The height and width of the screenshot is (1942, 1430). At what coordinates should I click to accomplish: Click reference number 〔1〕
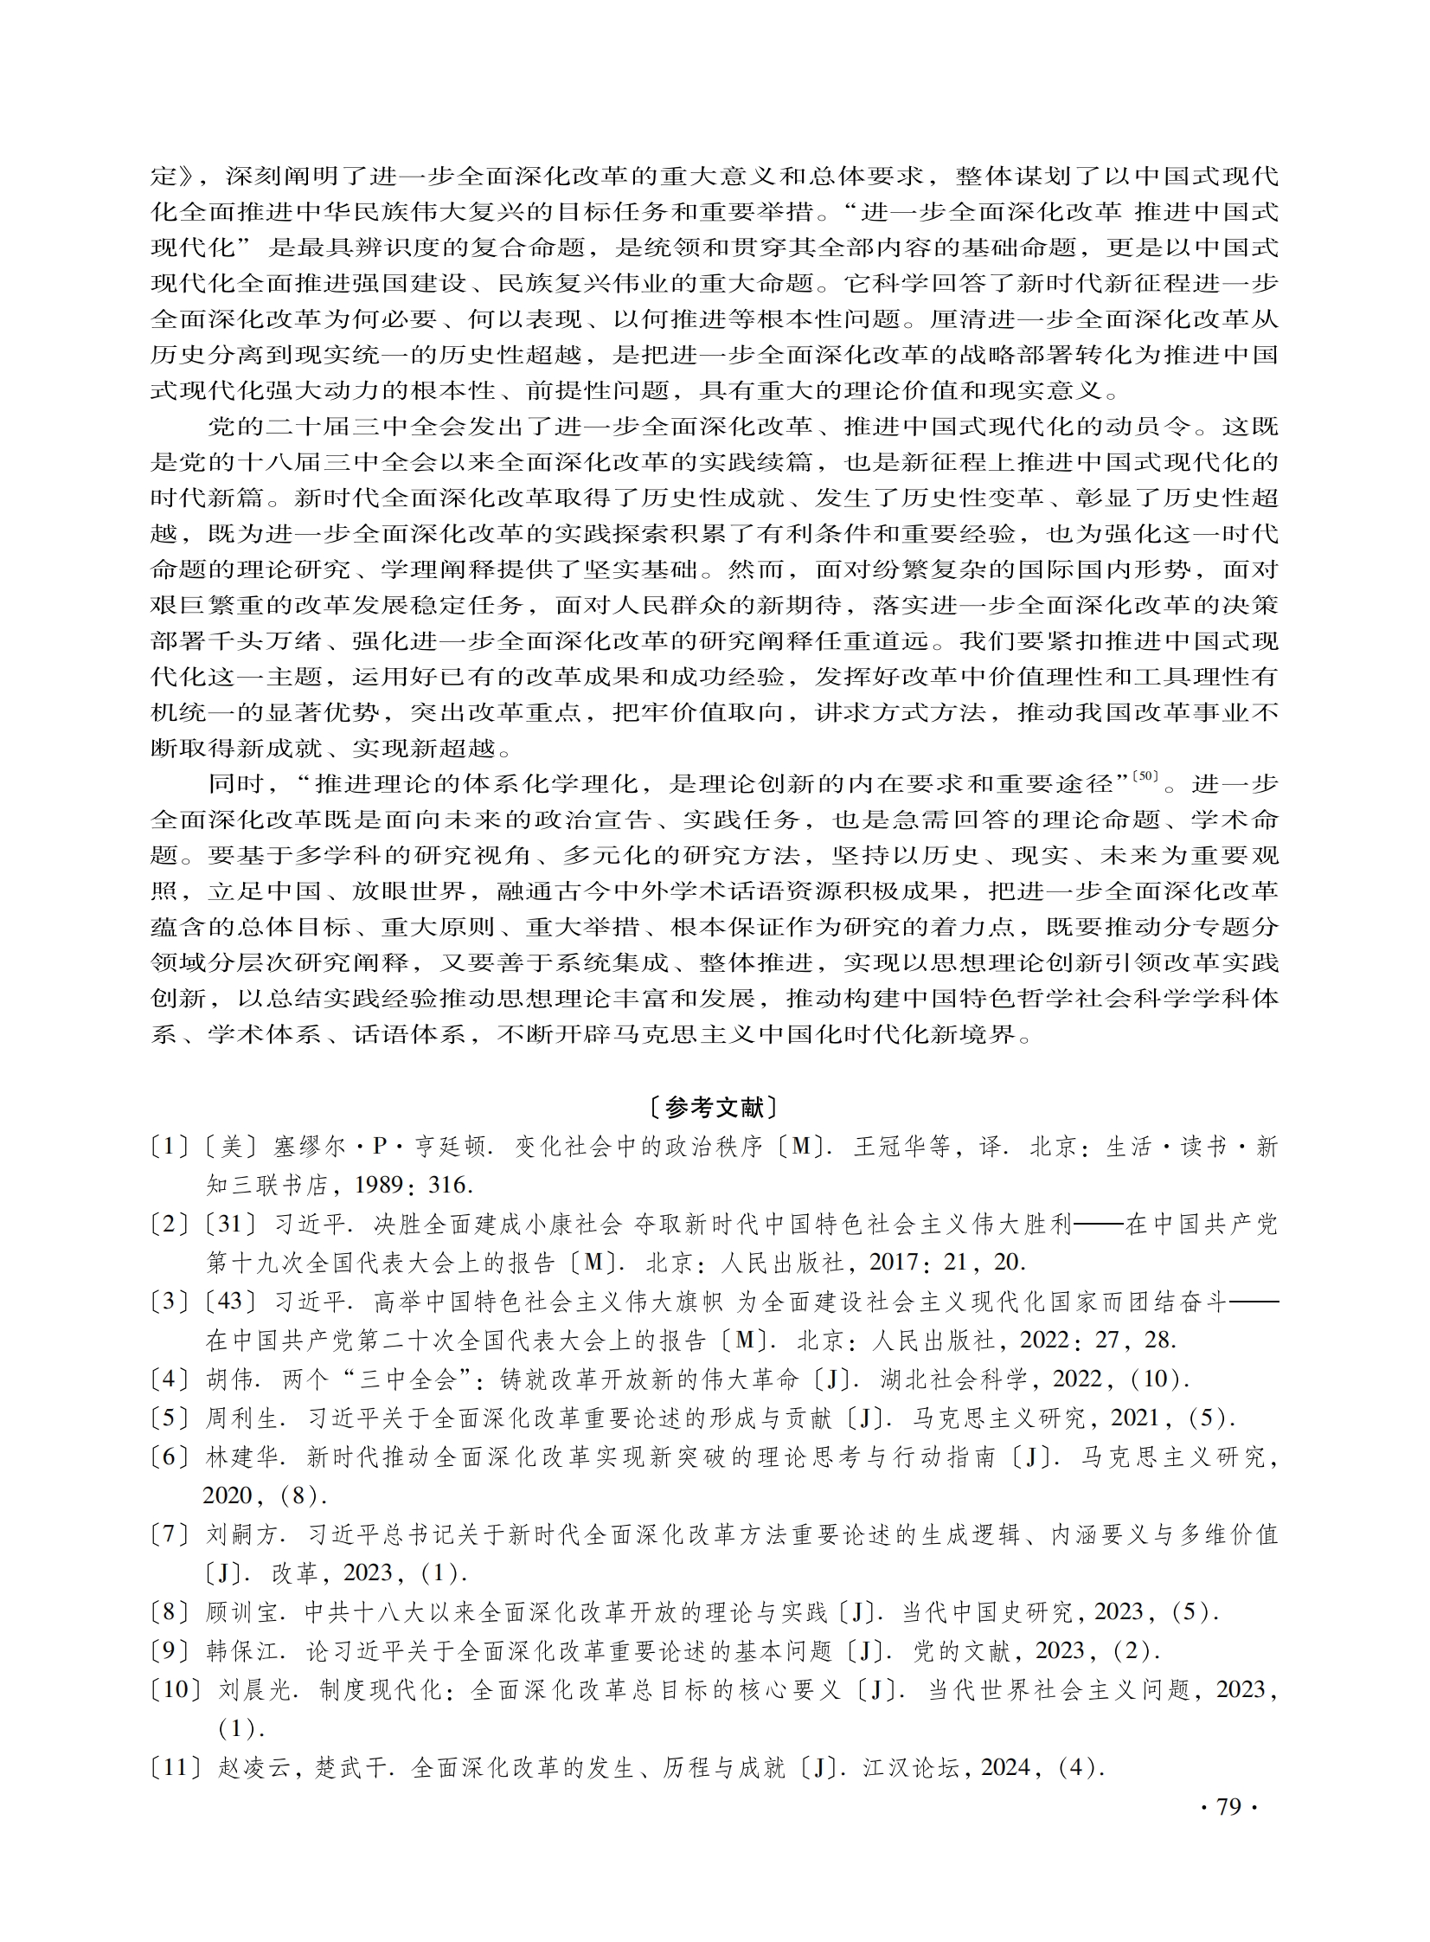169,1148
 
